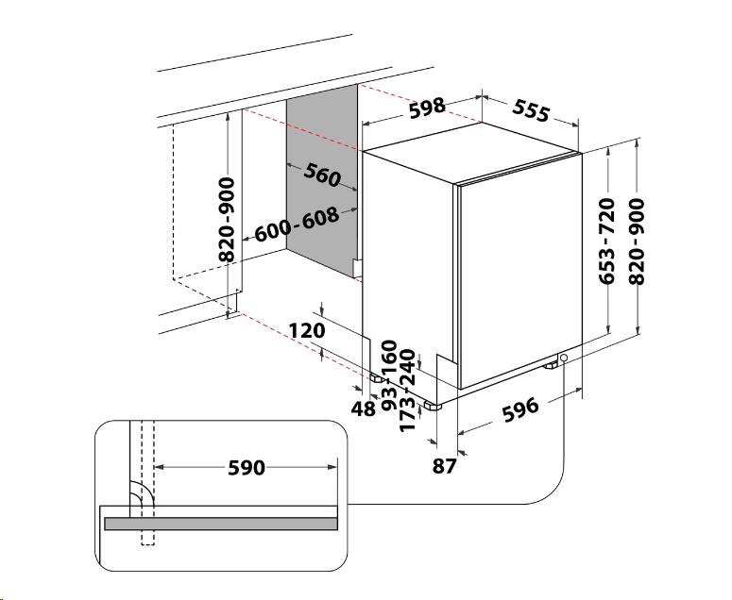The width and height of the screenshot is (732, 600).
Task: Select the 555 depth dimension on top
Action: pos(531,110)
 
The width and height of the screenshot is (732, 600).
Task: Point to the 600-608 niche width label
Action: pos(297,225)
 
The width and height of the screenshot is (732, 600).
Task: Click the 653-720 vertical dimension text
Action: pos(607,241)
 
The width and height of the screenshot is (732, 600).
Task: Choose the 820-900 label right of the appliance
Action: pos(637,241)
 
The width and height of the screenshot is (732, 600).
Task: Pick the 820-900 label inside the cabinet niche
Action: pos(227,219)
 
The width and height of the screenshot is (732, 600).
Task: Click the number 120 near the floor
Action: pos(307,330)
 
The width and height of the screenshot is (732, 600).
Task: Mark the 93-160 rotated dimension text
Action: pos(389,375)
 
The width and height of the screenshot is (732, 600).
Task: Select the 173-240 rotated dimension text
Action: pos(407,391)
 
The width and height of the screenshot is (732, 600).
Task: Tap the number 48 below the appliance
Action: pos(364,408)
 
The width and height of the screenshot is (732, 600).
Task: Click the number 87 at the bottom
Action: pos(444,465)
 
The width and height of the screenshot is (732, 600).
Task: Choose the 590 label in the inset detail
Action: pos(247,468)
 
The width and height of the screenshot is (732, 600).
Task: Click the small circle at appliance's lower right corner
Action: pos(564,358)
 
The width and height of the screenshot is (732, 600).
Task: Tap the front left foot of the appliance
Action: pos(433,406)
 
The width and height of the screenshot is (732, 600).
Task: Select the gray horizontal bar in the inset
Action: pos(221,524)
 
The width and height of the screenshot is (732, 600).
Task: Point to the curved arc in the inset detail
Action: pos(142,493)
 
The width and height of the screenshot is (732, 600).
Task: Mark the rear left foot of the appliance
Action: pos(376,376)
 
